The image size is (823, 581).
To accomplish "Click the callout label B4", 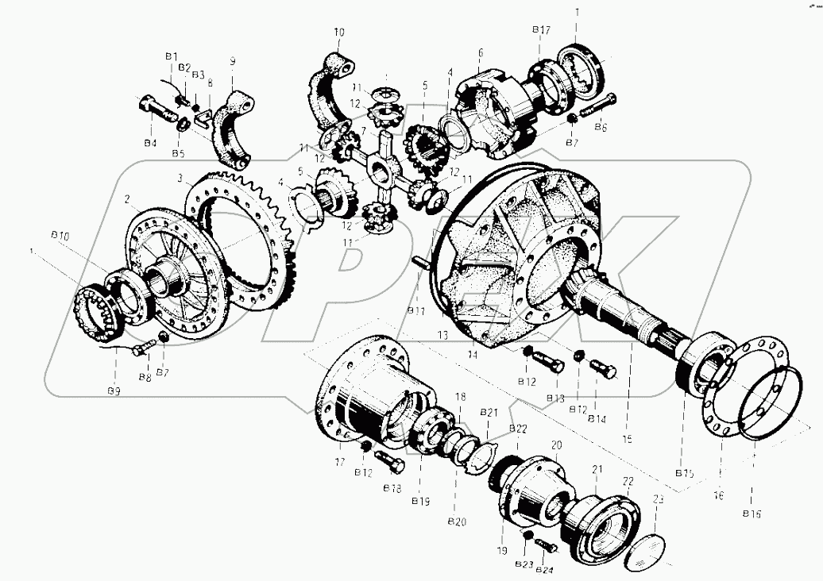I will (x=150, y=143).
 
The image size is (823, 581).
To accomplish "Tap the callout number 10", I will (x=339, y=33).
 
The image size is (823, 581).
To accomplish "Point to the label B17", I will (x=541, y=30).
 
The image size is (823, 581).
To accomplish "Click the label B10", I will (x=60, y=236).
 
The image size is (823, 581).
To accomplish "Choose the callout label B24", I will (x=544, y=570).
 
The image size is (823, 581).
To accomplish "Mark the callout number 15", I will (x=628, y=437).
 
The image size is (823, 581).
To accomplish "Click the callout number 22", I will (x=627, y=481).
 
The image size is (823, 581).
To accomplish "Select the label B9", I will (x=114, y=391).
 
